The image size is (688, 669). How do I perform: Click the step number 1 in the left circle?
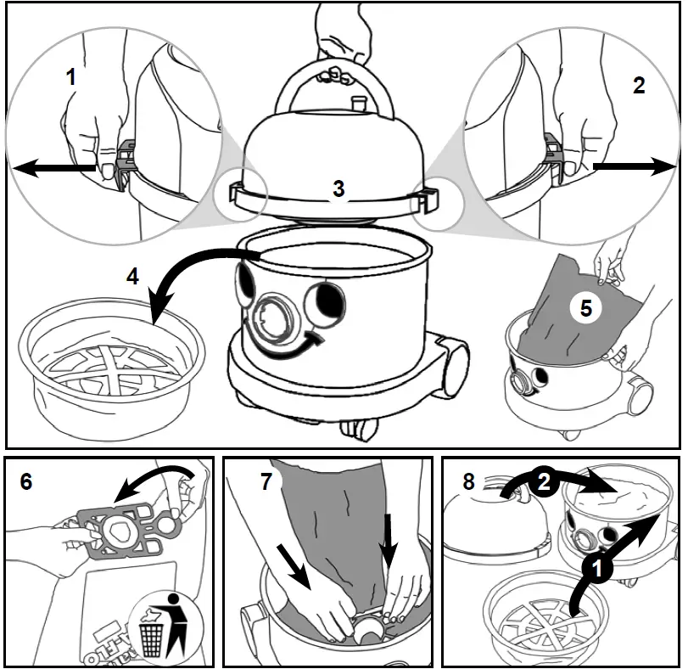[x=71, y=78]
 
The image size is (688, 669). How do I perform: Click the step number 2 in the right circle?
[x=639, y=85]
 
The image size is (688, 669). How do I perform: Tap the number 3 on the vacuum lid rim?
[x=338, y=188]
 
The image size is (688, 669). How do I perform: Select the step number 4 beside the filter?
[x=132, y=277]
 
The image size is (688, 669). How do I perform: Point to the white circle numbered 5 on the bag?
[x=586, y=308]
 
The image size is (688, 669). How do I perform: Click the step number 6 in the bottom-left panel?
[x=26, y=481]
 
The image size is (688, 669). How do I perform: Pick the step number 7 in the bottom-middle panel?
[x=266, y=481]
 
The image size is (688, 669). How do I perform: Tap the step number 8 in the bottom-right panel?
[x=468, y=481]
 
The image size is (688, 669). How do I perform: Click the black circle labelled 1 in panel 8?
[x=597, y=570]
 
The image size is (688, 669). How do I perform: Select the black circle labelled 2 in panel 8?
[x=544, y=482]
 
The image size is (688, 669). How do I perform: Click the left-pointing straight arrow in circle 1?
[x=55, y=168]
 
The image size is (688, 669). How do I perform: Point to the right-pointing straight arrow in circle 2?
[x=634, y=166]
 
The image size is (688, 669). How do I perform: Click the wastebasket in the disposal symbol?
[x=151, y=637]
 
